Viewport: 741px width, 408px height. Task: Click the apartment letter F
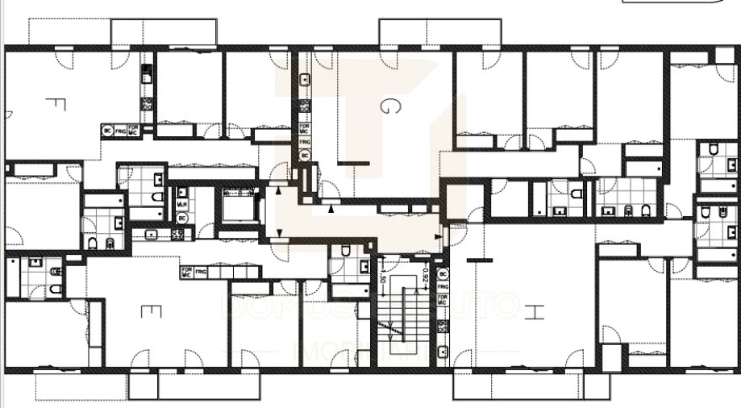pos(55,104)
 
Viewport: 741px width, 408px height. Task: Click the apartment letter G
pos(389,107)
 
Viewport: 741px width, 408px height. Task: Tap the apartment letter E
pos(152,310)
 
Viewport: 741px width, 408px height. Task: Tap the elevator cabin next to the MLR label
pos(236,206)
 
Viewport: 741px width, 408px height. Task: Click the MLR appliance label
pos(182,205)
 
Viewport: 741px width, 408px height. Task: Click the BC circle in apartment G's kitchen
pos(305,154)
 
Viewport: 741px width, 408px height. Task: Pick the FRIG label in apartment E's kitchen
pos(201,273)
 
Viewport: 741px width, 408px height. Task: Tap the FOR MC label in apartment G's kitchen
pos(305,127)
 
